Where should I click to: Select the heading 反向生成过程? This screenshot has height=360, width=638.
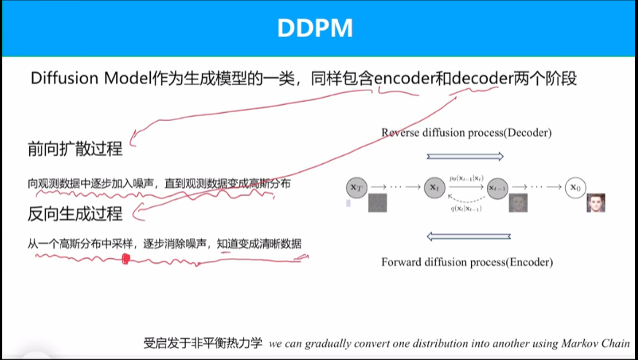click(74, 214)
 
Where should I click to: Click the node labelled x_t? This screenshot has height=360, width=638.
click(435, 187)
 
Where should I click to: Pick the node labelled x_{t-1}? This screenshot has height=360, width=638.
click(498, 187)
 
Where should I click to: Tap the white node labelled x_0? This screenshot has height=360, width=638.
click(575, 187)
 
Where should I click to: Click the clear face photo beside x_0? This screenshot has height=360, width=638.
click(596, 203)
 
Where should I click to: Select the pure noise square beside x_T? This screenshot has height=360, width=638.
click(378, 203)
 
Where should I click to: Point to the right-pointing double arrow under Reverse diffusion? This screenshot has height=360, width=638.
click(465, 155)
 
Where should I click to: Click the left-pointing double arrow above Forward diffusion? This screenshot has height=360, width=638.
click(465, 235)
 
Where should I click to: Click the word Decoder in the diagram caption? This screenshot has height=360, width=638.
click(526, 133)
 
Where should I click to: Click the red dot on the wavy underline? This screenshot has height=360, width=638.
click(125, 258)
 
